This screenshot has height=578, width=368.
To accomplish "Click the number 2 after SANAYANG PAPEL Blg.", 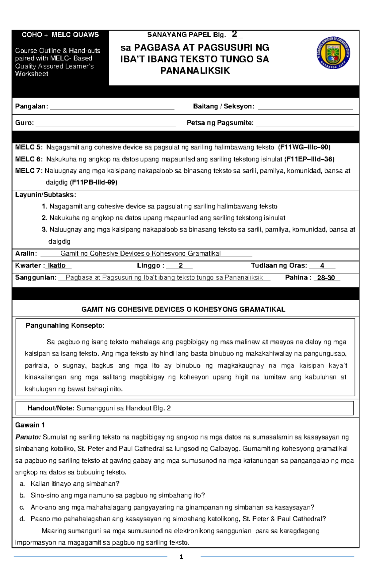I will point(235,34).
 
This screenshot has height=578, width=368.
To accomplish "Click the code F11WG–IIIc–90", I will point(304,147).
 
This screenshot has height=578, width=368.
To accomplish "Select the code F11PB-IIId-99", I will point(94,182).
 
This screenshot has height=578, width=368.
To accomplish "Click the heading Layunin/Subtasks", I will point(45,195).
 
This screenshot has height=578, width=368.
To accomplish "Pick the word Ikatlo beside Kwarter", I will point(57,265).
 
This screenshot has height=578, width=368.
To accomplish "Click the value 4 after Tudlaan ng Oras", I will point(322,266).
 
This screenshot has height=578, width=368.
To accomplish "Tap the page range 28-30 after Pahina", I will point(326,278).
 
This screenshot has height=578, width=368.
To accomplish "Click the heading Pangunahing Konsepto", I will point(65,325).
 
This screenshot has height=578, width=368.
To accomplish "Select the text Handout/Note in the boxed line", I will point(51,408).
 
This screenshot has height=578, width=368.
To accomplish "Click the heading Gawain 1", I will point(30,425).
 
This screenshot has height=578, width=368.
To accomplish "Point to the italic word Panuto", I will point(28,437).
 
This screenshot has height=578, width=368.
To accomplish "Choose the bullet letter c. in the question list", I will point(22,508).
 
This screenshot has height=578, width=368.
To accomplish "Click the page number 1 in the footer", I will point(182,557).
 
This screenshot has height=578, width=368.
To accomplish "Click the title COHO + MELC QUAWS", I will point(60,35).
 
